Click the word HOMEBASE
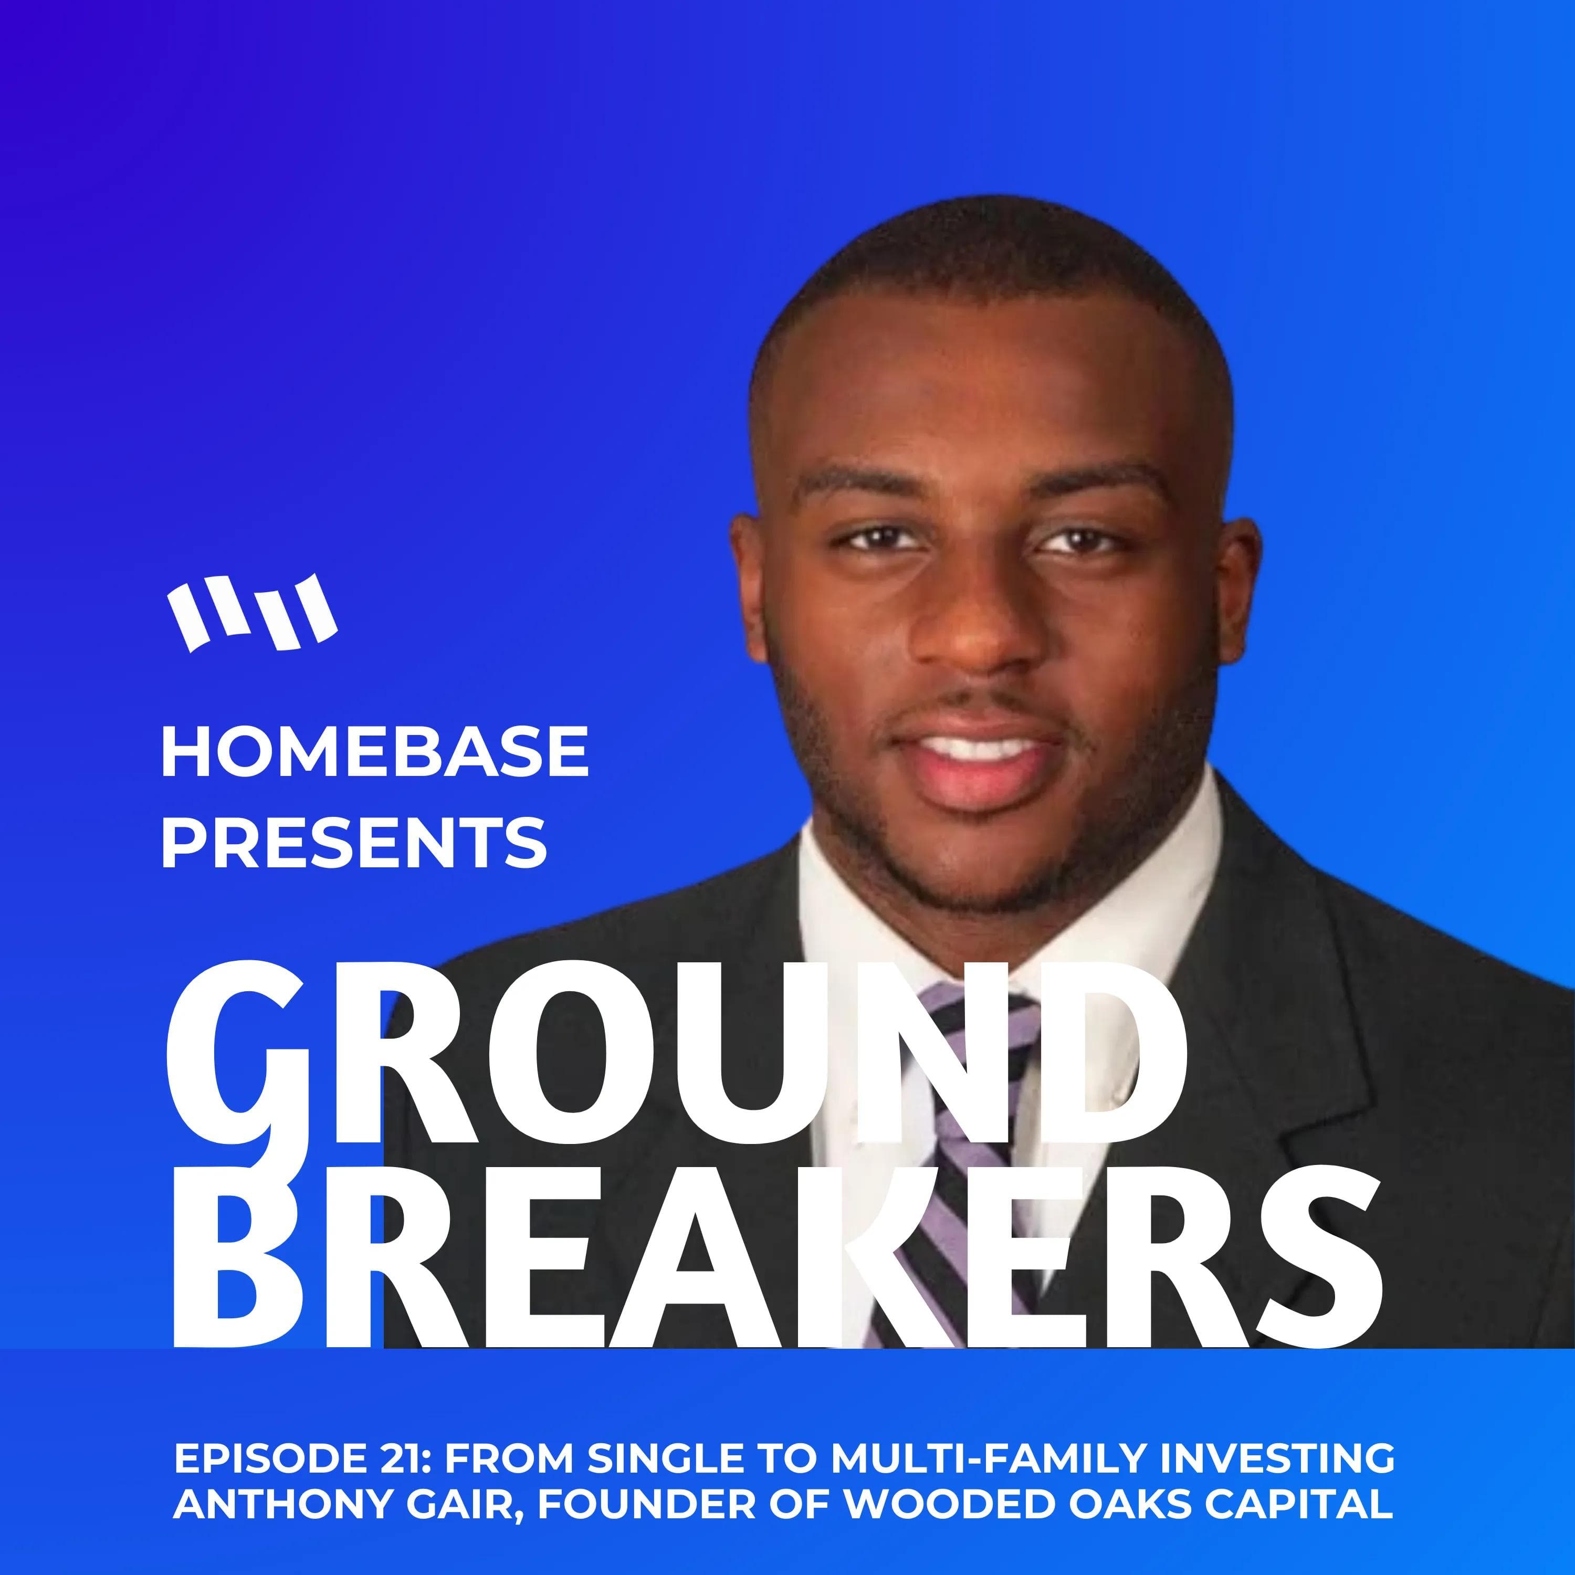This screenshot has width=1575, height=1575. (374, 752)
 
